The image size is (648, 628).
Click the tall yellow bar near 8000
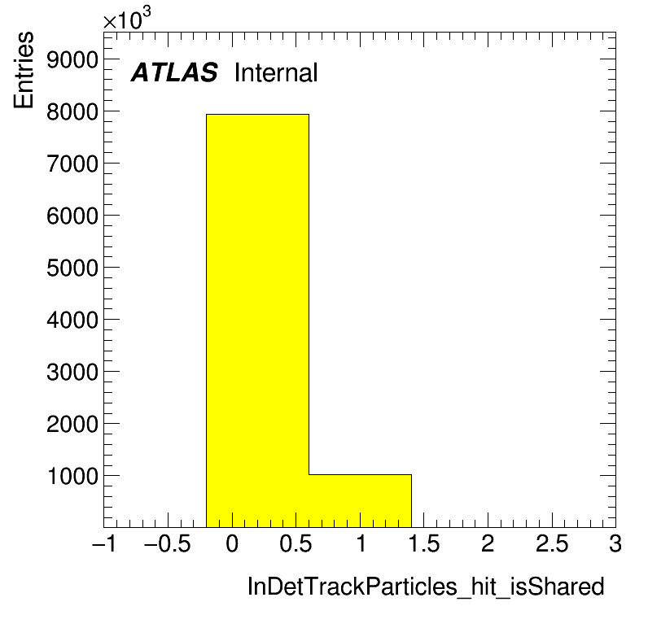pos(257,321)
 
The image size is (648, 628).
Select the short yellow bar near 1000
pos(360,501)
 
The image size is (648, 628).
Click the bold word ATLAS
pos(174,72)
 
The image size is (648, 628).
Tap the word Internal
pos(276,72)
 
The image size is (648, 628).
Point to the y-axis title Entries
pos(24,70)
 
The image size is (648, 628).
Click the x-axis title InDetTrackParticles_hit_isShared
pos(426,587)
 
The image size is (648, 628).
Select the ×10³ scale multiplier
pos(127,18)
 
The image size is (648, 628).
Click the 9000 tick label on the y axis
pos(72,60)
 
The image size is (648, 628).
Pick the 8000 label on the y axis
pos(72,112)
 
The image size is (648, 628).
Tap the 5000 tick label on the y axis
pos(72,268)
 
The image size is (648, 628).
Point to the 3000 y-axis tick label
pos(72,372)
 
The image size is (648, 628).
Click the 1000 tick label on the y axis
pos(73,476)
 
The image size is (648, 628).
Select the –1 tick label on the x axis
pos(104,543)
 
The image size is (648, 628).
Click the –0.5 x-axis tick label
pos(168,543)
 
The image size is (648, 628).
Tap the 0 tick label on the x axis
pos(232,543)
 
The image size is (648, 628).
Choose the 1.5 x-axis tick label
pos(424,543)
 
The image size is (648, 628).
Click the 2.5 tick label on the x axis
pos(552,543)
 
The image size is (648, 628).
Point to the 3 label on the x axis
pos(615,543)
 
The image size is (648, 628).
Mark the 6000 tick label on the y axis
pos(72,216)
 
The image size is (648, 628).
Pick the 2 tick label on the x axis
pos(488,543)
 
